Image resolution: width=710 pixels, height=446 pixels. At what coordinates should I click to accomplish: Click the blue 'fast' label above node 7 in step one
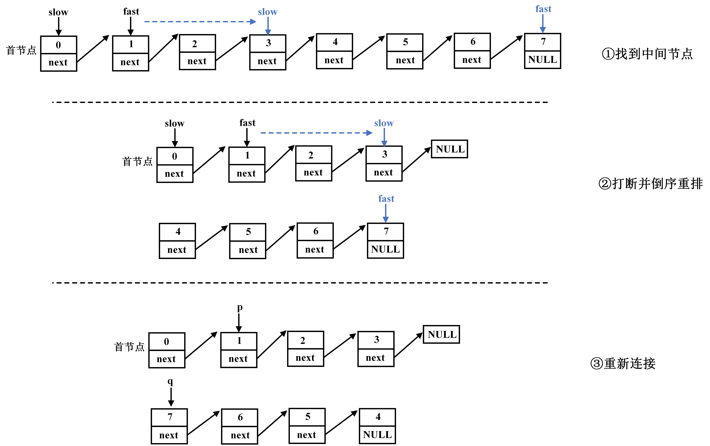point(543,9)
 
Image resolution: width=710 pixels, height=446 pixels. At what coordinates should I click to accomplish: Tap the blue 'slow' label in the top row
point(268,12)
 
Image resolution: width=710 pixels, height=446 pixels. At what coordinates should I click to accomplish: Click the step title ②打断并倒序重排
point(651,183)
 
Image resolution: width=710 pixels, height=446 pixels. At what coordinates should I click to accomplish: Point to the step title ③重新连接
point(623,363)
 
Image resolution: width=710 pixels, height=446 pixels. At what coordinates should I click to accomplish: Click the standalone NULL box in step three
point(441,335)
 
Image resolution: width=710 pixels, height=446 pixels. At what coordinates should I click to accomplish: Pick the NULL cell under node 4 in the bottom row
point(377,435)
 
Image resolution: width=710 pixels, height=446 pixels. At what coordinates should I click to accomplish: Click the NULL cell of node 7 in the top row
point(542,60)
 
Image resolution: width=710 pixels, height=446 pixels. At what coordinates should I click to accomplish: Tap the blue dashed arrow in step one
point(200,22)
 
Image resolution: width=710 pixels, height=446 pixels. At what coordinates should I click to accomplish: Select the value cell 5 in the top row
point(405,42)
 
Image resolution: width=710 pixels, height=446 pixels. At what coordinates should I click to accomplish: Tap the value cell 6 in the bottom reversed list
point(240,417)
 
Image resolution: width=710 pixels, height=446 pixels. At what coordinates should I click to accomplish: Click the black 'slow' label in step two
point(174,123)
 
